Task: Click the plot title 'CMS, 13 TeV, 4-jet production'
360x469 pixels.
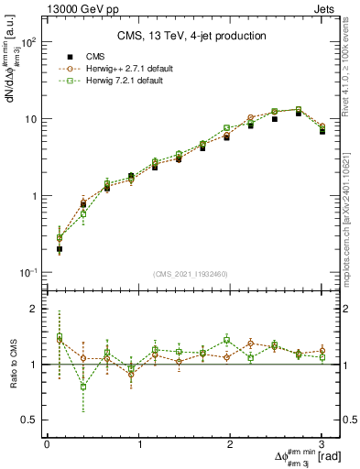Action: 190,36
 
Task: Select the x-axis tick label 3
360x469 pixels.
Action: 322,444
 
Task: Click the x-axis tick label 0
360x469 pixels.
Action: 47,444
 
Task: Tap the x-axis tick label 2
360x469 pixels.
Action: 230,444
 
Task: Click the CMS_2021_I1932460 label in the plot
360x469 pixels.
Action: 190,275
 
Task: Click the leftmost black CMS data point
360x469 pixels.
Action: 60,248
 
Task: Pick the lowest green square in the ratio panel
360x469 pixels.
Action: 83,387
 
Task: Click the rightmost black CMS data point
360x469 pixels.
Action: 322,131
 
